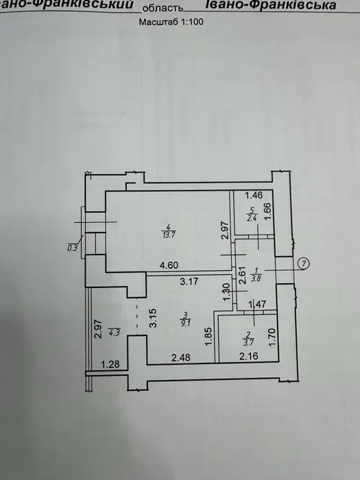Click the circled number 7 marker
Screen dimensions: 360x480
point(303,263)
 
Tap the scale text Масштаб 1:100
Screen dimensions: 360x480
point(171,22)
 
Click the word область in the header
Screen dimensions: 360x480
point(163,8)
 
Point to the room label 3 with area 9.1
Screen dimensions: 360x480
point(186,320)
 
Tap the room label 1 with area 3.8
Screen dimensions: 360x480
point(256,274)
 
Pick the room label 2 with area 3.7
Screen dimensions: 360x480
point(248,339)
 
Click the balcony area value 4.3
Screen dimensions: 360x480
point(114,333)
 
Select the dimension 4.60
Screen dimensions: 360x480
point(169,265)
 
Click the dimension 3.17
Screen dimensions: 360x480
point(189,281)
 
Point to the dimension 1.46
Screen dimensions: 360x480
point(254,195)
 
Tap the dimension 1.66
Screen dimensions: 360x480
point(267,211)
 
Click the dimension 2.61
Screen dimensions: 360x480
point(242,276)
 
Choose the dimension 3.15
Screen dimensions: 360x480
point(153,318)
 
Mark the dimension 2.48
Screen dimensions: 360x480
point(181,357)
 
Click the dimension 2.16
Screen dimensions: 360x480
point(249,356)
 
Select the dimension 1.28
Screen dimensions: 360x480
point(110,365)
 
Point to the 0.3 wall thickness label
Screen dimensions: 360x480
point(73,248)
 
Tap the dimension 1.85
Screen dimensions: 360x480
point(208,337)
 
